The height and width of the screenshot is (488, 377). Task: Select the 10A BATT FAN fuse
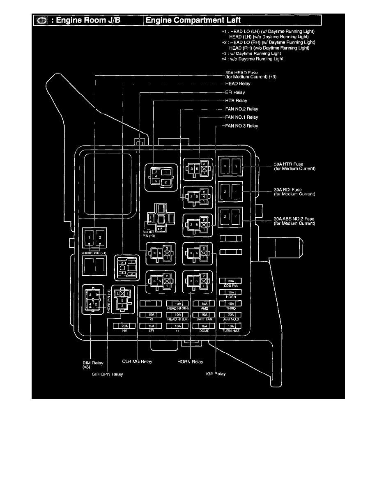tap(204, 315)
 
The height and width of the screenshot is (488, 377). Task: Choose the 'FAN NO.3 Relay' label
tap(241, 126)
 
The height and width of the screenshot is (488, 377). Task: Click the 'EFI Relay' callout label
tap(235, 92)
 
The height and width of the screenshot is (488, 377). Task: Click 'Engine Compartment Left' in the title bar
tap(193, 20)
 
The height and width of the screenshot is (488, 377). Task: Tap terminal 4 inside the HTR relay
tap(156, 176)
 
